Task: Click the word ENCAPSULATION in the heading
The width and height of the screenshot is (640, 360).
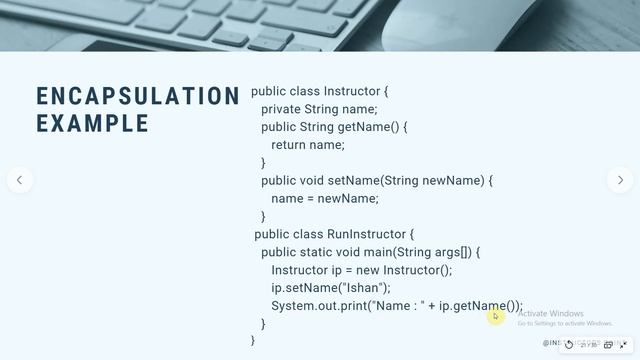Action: [138, 96]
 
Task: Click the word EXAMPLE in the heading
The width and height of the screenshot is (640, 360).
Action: [93, 123]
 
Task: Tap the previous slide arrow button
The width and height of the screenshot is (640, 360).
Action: [19, 180]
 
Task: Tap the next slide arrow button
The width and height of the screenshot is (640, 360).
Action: [620, 180]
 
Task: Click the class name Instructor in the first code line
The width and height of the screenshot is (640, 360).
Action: [351, 91]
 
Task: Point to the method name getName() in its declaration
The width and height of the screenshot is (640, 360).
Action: [368, 127]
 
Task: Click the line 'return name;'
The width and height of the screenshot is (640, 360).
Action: [307, 145]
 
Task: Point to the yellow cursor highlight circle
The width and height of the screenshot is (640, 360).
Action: [495, 316]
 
